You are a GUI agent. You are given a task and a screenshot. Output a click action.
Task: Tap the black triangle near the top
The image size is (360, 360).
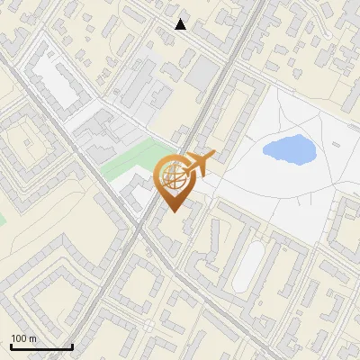(x=181, y=24)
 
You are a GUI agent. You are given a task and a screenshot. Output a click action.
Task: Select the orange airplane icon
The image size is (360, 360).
(x=198, y=165)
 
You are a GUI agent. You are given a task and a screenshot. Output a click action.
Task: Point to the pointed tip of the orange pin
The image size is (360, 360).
(x=174, y=212)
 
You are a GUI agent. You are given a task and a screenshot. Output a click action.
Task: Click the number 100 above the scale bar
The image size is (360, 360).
(x=20, y=338)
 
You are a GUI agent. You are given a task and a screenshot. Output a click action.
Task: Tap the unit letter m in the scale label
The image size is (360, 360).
(x=33, y=338)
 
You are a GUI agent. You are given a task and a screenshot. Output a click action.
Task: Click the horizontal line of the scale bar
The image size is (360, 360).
(x=41, y=346)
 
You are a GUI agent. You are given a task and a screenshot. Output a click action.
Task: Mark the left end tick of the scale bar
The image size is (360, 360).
(x=12, y=345)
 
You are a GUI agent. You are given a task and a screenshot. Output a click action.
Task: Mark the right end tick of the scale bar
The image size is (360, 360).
(x=72, y=345)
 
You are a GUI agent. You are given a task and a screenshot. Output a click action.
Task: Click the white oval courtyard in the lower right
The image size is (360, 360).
(x=247, y=265)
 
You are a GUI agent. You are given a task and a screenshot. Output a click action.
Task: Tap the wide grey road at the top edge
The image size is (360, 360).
(x=256, y=7)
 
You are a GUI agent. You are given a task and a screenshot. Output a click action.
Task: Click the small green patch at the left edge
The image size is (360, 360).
(x=2, y=219)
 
